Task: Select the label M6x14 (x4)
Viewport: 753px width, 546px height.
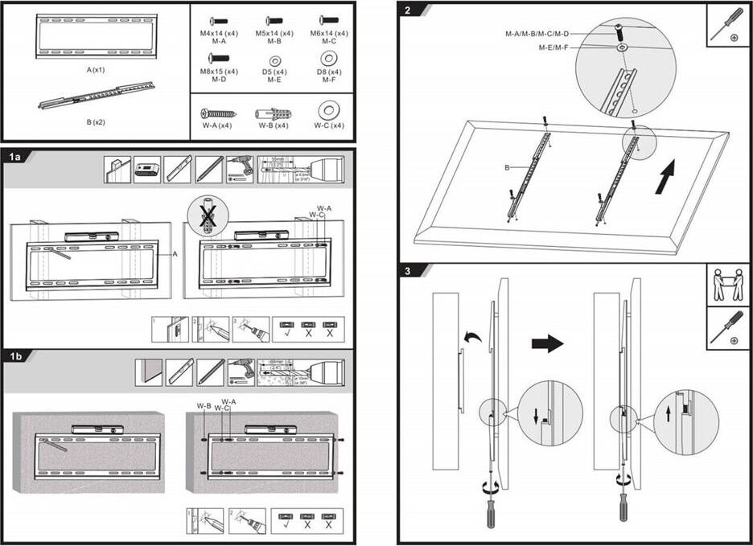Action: point(330,34)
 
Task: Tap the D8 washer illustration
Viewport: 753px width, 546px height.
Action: point(328,59)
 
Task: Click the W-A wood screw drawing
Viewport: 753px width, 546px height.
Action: point(218,113)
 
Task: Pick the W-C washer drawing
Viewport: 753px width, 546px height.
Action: point(328,111)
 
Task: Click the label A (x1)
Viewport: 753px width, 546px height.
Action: point(96,70)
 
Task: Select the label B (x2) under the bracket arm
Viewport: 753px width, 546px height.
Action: point(96,125)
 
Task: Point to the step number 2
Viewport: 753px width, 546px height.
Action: point(409,10)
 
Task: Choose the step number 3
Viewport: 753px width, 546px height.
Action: point(409,271)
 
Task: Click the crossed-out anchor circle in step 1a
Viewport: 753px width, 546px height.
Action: point(208,216)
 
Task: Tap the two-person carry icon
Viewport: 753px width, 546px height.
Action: point(728,284)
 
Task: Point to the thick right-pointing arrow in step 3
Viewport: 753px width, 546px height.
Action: point(547,343)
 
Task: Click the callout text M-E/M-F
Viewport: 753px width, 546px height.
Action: point(554,48)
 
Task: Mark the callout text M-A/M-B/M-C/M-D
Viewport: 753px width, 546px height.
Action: point(537,34)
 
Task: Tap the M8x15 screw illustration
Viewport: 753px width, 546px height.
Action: point(219,58)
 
